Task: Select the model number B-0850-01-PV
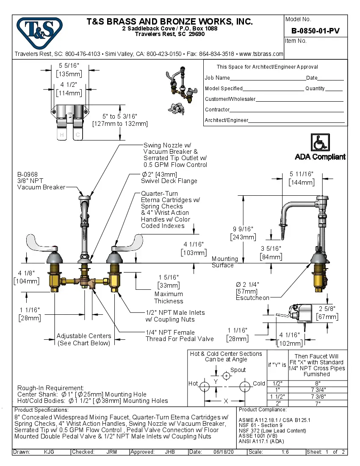pyautogui.click(x=316, y=31)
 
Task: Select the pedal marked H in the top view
pyautogui.click(x=62, y=131)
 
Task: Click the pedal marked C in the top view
pyautogui.click(x=77, y=131)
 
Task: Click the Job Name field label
pyautogui.click(x=217, y=78)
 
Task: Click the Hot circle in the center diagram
pyautogui.click(x=205, y=386)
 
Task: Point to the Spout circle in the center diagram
pyautogui.click(x=227, y=376)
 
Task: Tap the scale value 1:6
pyautogui.click(x=285, y=452)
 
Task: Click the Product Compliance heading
pyautogui.click(x=263, y=410)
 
